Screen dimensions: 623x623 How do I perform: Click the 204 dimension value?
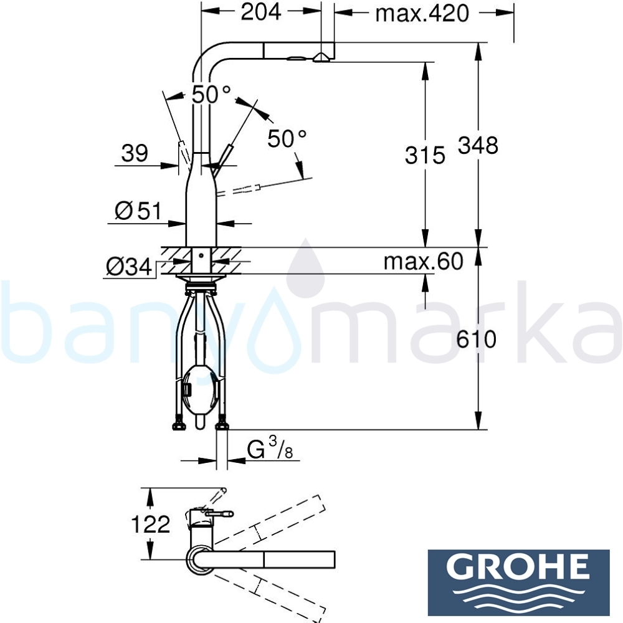click(260, 12)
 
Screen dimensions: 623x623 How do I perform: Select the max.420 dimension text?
click(422, 13)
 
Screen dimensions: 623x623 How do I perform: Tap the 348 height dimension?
click(478, 145)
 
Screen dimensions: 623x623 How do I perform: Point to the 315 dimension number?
click(425, 155)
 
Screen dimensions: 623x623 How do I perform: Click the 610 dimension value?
click(476, 340)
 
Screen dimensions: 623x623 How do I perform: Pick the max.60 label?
click(424, 262)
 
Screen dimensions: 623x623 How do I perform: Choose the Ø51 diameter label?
click(138, 211)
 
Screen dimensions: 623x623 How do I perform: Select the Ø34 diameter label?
click(129, 267)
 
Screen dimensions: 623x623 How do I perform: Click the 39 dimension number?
click(135, 153)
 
